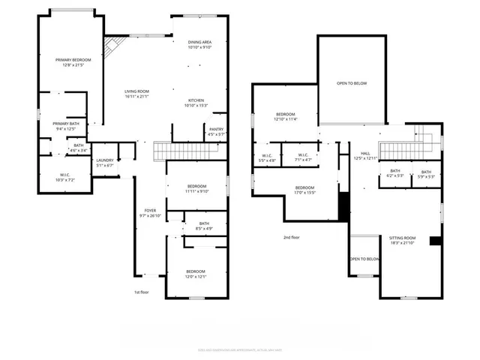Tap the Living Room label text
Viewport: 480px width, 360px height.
[137, 93]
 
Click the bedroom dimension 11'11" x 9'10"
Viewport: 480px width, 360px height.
[197, 190]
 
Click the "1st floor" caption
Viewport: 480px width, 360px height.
[142, 292]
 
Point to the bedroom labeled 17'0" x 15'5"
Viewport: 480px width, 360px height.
[304, 190]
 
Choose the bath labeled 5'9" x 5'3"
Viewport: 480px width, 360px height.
[426, 175]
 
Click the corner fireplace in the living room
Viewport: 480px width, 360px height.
[112, 46]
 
